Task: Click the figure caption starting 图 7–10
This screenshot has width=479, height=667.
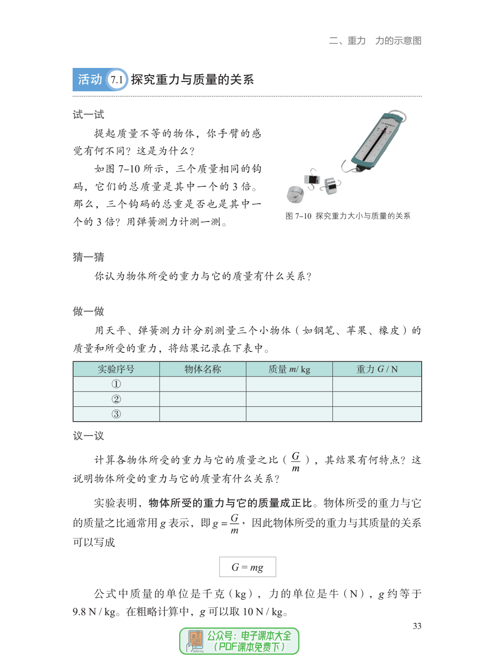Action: [x=348, y=216]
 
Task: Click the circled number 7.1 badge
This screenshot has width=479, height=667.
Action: [x=117, y=79]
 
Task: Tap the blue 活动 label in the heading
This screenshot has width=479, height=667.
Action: [x=90, y=79]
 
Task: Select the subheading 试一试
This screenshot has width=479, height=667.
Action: [x=88, y=115]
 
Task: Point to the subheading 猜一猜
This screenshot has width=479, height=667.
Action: [x=88, y=257]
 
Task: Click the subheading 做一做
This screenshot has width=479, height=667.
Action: [x=88, y=311]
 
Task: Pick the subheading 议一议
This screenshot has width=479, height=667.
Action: [x=88, y=436]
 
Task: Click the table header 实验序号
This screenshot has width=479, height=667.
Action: [x=116, y=369]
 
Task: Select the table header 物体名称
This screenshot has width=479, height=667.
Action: [x=203, y=369]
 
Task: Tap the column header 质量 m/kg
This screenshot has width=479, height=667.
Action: [x=289, y=369]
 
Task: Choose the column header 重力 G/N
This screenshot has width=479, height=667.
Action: [x=377, y=369]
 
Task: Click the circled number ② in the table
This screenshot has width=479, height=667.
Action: [x=116, y=399]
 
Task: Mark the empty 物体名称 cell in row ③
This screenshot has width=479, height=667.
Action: [x=203, y=414]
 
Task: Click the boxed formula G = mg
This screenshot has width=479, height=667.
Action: [x=247, y=567]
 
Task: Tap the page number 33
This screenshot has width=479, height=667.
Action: [x=417, y=626]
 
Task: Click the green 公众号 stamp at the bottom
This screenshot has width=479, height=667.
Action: [x=239, y=641]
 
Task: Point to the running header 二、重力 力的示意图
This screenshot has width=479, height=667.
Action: [x=375, y=41]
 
